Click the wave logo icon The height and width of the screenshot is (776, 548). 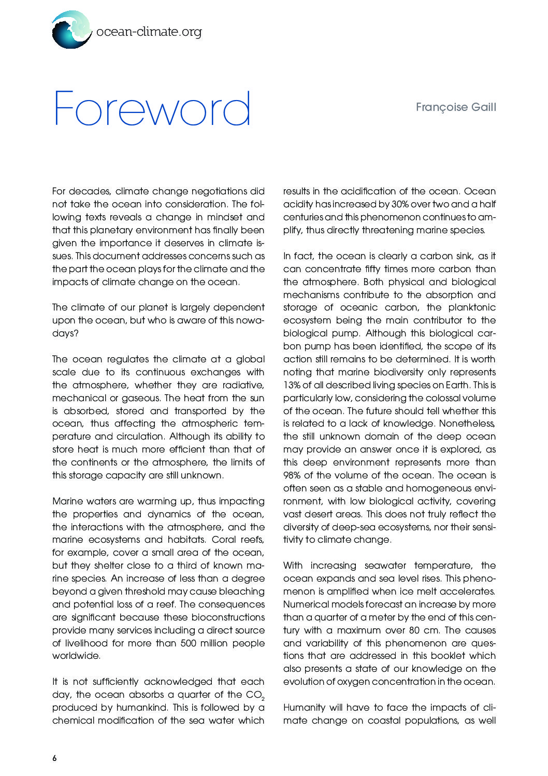tap(71, 30)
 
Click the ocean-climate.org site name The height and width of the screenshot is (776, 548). tap(149, 32)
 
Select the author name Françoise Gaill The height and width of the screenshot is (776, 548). tap(456, 107)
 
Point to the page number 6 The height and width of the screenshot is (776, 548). tap(54, 758)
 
